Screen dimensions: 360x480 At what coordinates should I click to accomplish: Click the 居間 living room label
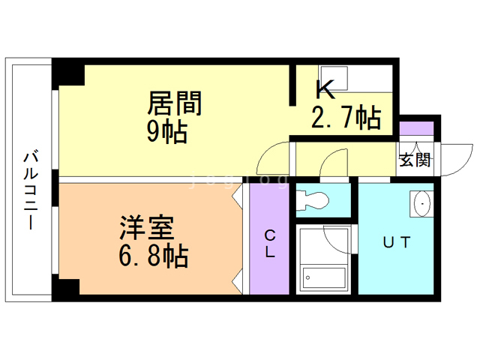tap(175, 103)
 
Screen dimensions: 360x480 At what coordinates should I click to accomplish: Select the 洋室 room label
tap(148, 226)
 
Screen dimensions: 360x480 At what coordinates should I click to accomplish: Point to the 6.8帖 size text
tap(152, 256)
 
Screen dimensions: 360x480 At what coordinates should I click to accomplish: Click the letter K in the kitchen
tap(324, 90)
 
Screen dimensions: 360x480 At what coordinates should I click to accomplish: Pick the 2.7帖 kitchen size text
tap(346, 118)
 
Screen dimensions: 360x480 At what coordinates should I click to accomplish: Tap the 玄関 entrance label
tap(414, 159)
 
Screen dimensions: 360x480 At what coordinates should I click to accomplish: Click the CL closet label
tap(268, 244)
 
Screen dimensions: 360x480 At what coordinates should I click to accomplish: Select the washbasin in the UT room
tap(421, 203)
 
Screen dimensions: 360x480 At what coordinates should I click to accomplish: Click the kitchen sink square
tap(334, 76)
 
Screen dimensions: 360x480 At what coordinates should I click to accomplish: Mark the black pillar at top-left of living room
tap(67, 74)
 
